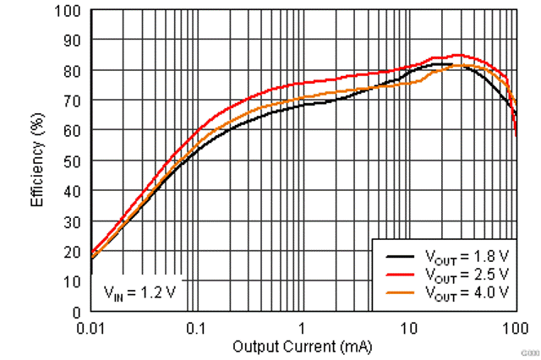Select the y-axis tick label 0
(x=77, y=312)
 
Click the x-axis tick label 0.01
(x=90, y=327)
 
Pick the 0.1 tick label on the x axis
(x=196, y=327)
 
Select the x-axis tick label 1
(x=303, y=327)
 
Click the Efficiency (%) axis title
(x=37, y=161)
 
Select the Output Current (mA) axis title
(x=303, y=346)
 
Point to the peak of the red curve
(x=458, y=55)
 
